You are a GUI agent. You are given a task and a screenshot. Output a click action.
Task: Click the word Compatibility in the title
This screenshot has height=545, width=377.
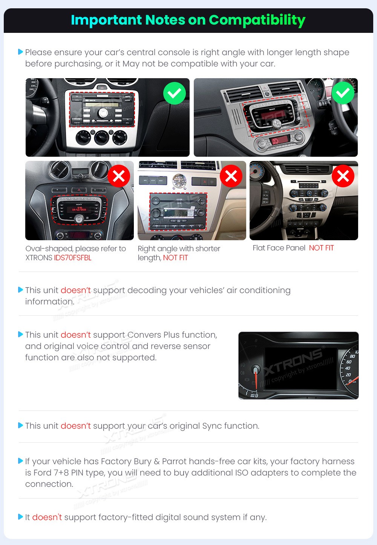click(257, 20)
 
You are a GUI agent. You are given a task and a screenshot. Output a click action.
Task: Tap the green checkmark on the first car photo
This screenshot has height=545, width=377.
click(175, 93)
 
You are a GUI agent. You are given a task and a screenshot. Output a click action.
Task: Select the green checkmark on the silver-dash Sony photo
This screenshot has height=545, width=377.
click(343, 93)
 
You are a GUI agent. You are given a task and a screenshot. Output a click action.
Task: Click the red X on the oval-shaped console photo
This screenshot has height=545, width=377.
click(119, 176)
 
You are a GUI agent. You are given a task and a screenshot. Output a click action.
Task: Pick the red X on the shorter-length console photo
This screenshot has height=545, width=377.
click(231, 176)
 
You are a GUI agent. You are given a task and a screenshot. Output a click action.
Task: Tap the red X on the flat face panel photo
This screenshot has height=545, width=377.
click(343, 176)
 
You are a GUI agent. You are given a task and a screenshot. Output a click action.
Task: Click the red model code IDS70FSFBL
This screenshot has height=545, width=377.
click(73, 258)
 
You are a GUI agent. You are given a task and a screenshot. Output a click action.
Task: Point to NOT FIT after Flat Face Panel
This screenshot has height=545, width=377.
click(321, 248)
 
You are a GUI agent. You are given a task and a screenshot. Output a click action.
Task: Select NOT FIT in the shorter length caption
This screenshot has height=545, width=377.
click(175, 258)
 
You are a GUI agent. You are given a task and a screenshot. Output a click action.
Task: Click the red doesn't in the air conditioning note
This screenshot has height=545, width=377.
click(75, 290)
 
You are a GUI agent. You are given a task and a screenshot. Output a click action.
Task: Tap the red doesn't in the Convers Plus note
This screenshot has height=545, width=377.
click(75, 335)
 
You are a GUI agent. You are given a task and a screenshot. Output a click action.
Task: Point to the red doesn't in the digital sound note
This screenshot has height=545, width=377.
click(47, 517)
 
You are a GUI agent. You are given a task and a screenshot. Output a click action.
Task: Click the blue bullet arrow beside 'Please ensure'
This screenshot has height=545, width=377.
click(20, 52)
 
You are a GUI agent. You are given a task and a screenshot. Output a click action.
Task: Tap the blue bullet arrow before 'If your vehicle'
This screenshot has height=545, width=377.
click(20, 461)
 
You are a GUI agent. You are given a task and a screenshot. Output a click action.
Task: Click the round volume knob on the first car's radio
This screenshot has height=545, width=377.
click(103, 113)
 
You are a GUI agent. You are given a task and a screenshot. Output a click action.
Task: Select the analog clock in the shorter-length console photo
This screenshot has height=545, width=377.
click(179, 181)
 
